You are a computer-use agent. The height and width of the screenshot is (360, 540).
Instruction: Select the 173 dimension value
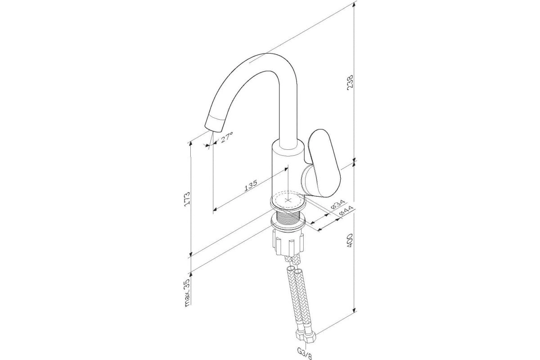tap(187, 198)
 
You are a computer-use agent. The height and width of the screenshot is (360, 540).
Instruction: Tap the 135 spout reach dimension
tap(251, 185)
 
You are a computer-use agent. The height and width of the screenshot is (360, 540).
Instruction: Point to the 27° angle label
tap(226, 137)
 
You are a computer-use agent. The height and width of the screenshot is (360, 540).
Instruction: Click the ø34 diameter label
tap(338, 204)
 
